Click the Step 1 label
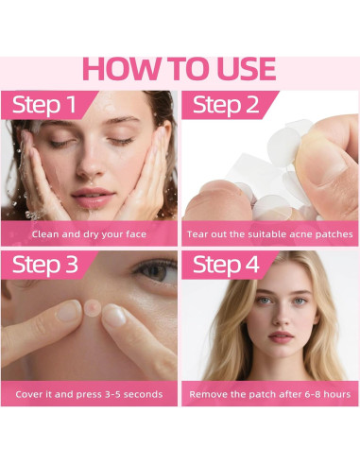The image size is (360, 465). (44, 105)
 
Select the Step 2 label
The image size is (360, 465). (226, 105)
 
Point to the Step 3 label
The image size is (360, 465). (44, 265)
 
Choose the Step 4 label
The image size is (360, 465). (226, 265)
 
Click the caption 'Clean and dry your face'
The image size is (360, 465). (89, 234)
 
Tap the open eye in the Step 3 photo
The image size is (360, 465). (156, 270)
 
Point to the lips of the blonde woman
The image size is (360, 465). (281, 336)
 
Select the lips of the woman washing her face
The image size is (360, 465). (93, 198)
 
